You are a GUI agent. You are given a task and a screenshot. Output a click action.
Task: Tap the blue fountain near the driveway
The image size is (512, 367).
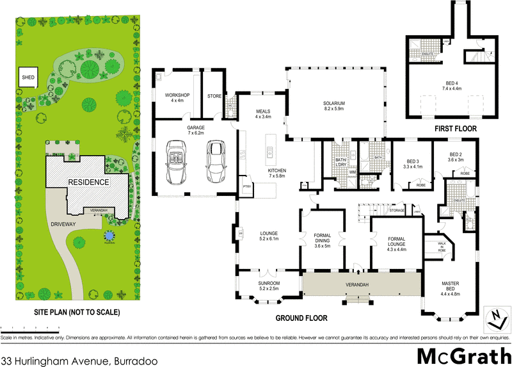108,236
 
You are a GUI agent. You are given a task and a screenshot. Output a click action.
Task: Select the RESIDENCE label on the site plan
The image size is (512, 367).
88,182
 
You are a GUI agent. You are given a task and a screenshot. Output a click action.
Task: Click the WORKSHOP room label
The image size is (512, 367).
177,97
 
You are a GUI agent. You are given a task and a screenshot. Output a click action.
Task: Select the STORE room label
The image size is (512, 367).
214,97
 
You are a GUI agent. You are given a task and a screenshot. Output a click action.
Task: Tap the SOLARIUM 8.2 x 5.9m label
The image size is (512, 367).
335,106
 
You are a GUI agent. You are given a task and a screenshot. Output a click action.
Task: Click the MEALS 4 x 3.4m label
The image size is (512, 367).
263,114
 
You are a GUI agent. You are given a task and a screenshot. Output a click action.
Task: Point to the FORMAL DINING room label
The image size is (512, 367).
323,240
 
